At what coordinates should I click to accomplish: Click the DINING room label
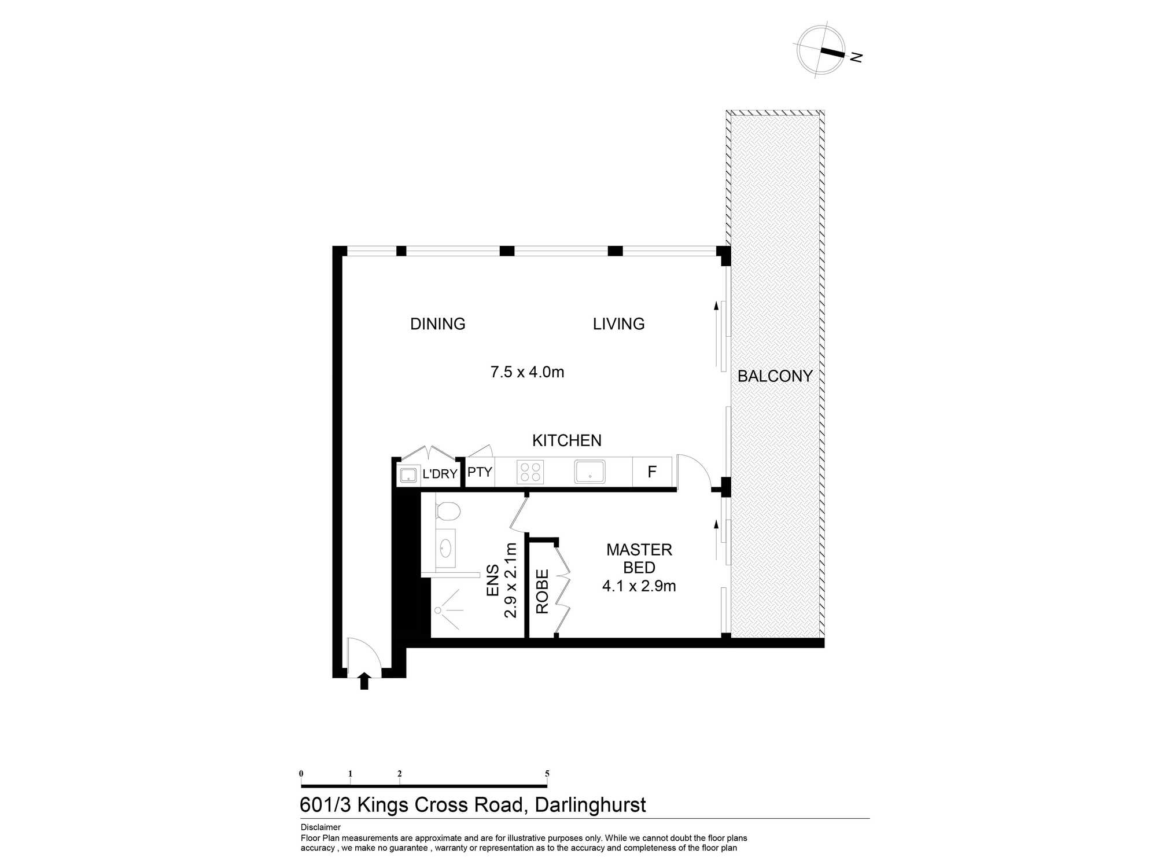pos(437,324)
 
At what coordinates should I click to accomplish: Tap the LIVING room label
pos(618,324)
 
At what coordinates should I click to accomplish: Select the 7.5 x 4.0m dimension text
pos(527,372)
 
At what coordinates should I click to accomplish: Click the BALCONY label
pos(775,376)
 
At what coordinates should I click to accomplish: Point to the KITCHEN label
pos(567,440)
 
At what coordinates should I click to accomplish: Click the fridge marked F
pos(652,472)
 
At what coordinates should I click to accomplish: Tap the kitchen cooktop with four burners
pos(530,472)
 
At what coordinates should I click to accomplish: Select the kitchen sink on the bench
pos(589,472)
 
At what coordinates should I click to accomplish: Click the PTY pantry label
pos(480,472)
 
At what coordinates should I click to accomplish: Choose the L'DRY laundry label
pos(440,474)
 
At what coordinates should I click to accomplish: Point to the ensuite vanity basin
pos(446,546)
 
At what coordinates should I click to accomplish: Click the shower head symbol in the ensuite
pos(438,610)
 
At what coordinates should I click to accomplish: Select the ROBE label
pos(542,591)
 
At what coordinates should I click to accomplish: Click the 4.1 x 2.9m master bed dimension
pos(639,586)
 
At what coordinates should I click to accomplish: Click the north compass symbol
pos(821,50)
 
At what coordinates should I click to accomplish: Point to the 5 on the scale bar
pos(547,774)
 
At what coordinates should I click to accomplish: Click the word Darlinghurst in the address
pos(590,805)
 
